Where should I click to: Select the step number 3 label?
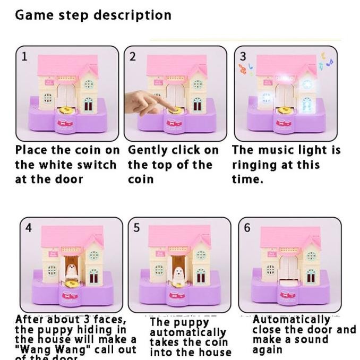coord(243,56)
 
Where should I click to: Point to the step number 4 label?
coord(29,228)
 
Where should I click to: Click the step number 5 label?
coord(137,228)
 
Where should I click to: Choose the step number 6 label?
coord(247,228)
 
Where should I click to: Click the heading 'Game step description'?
coord(93,15)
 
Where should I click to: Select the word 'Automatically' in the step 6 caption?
coord(291,320)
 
